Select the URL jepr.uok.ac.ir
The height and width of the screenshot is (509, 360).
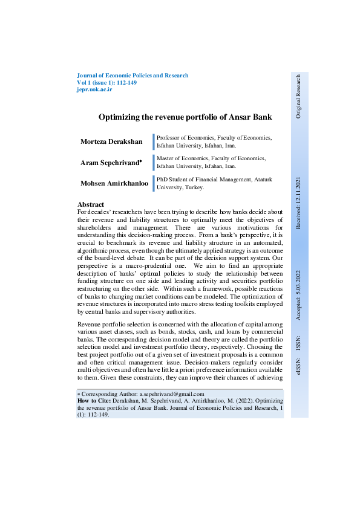point(95,89)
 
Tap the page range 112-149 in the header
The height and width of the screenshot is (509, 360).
point(124,82)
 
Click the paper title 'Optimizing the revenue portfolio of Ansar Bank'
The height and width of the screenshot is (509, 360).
point(176,117)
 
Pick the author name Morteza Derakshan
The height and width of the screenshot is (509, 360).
point(111,141)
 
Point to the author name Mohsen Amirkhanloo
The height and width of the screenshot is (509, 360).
point(114,183)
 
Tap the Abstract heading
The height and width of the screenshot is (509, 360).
point(91,204)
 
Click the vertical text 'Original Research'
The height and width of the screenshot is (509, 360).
point(298,96)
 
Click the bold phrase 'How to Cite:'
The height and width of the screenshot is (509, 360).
point(94,401)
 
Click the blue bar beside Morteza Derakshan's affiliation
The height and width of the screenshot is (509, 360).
point(154,141)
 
